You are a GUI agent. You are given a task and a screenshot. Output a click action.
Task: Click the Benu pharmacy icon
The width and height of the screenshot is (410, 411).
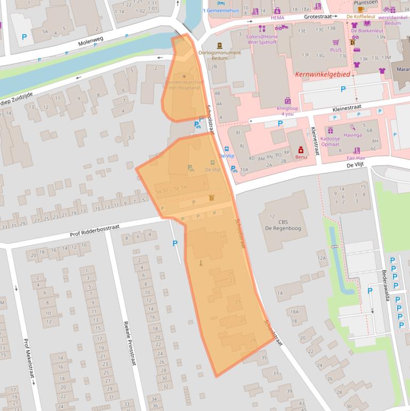pyautogui.click(x=301, y=150)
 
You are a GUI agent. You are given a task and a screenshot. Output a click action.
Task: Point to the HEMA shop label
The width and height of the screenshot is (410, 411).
pyautogui.click(x=277, y=18)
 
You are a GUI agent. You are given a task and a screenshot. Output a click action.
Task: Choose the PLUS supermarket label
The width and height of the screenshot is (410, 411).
pyautogui.click(x=335, y=50)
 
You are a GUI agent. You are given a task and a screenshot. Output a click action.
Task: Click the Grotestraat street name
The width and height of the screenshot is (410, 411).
pyautogui.click(x=317, y=17)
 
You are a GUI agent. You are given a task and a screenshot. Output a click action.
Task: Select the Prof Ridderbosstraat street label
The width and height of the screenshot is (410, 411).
pyautogui.click(x=94, y=231)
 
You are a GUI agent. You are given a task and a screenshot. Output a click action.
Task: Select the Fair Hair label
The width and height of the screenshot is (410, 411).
pyautogui.click(x=356, y=158)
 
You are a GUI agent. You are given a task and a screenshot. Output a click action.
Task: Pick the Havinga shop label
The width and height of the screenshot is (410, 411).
pyautogui.click(x=353, y=135)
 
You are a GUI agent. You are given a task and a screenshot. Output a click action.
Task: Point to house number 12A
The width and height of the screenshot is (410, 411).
pyautogui.click(x=321, y=258)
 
